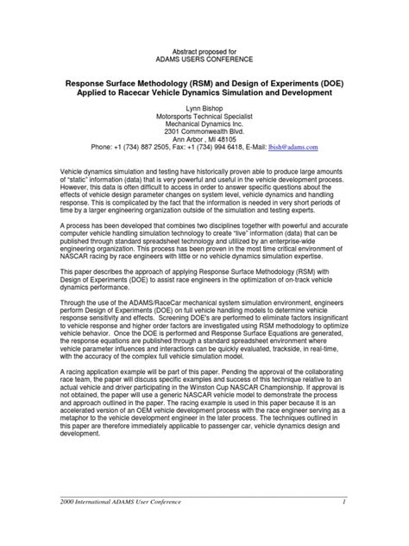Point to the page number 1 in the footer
[x=343, y=502]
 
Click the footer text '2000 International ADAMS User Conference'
[x=118, y=502]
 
